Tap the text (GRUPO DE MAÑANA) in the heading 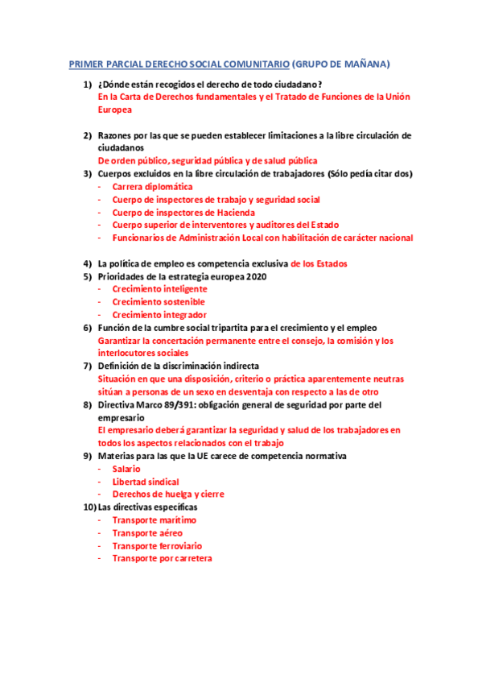pos(341,64)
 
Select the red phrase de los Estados pos(319,263)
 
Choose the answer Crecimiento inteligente pos(159,288)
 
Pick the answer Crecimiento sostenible pos(159,301)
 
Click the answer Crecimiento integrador pos(159,314)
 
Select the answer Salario pos(126,468)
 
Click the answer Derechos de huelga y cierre pos(167,494)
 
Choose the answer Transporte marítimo pos(154,519)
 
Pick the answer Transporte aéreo pos(147,532)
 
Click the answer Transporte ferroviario pos(157,545)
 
